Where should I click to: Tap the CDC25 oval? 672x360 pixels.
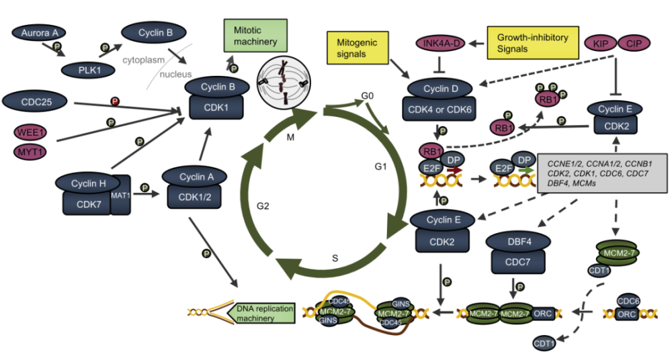point(33,102)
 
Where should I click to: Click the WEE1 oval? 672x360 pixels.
point(30,130)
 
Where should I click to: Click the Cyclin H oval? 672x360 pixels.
point(84,182)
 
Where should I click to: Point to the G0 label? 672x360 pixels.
point(367,96)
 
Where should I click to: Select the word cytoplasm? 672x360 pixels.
point(143,60)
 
